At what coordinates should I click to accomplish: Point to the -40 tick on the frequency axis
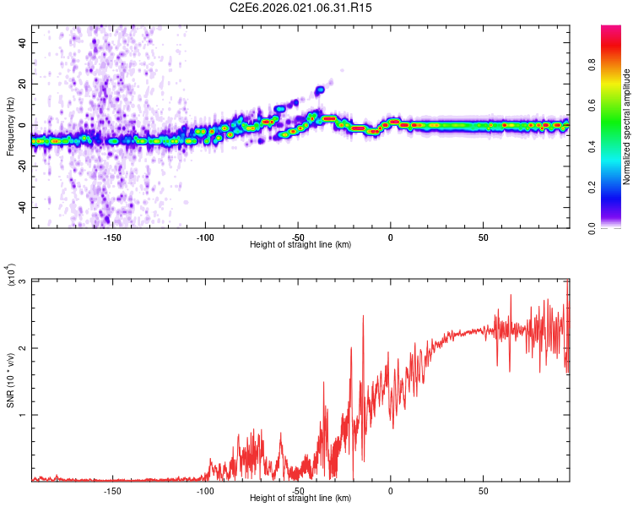[x=20, y=207]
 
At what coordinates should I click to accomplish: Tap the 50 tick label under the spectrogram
[x=483, y=237]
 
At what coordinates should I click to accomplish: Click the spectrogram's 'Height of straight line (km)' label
[x=300, y=245]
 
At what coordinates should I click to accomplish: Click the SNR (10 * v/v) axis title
[x=10, y=380]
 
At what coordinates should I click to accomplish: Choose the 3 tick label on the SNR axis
[x=23, y=281]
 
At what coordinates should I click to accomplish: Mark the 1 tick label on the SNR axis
[x=23, y=415]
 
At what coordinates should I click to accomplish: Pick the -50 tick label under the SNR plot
[x=298, y=491]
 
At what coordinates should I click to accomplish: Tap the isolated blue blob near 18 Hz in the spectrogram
[x=320, y=90]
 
